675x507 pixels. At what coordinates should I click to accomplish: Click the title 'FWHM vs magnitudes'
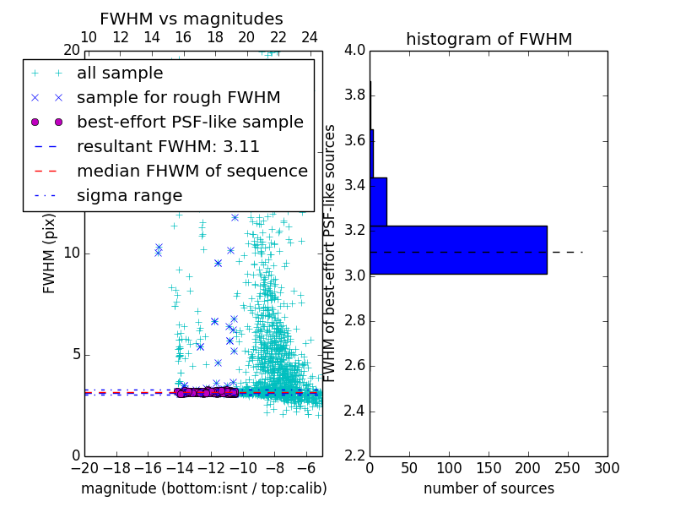[x=192, y=19]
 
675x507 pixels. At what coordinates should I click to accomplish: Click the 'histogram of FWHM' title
[x=489, y=39]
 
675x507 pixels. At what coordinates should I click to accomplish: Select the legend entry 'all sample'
[x=120, y=74]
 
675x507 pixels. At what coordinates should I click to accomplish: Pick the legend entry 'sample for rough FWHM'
[x=178, y=97]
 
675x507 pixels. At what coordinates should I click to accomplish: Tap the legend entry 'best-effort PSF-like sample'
[x=190, y=122]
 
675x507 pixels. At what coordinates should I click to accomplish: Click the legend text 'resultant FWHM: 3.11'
[x=168, y=146]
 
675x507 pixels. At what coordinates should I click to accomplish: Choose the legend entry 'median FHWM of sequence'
[x=192, y=171]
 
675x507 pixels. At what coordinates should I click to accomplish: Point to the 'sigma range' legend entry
[x=129, y=195]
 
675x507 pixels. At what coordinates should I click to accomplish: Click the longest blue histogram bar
[x=458, y=249]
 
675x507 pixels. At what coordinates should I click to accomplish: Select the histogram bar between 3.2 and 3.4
[x=378, y=201]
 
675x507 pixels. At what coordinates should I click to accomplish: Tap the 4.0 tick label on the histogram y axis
[x=354, y=50]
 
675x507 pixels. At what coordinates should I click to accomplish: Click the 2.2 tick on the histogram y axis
[x=354, y=456]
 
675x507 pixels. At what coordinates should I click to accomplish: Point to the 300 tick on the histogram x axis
[x=607, y=468]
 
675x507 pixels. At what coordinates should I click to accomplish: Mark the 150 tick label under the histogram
[x=489, y=468]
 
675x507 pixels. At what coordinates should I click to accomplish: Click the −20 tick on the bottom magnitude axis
[x=84, y=468]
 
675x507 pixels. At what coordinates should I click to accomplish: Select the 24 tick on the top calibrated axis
[x=310, y=37]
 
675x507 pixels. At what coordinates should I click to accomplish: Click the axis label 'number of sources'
[x=489, y=488]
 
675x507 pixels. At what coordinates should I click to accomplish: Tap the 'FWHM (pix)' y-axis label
[x=50, y=253]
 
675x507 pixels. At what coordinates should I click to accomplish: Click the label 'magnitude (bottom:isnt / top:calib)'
[x=203, y=488]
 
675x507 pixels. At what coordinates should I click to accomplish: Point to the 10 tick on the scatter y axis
[x=71, y=253]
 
